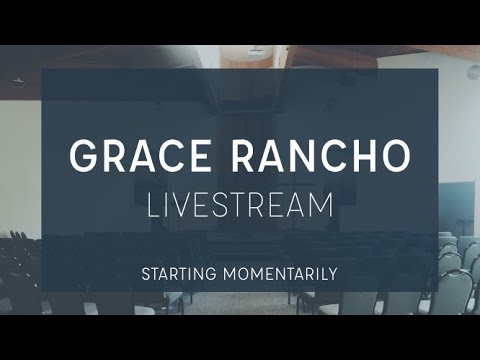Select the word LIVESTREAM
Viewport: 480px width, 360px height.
pyautogui.click(x=239, y=205)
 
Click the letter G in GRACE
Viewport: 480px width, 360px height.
pyautogui.click(x=86, y=155)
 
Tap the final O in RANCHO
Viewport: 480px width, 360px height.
pyautogui.click(x=392, y=155)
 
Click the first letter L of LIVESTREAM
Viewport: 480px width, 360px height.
pyautogui.click(x=153, y=205)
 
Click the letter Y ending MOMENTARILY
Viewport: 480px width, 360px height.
pyautogui.click(x=333, y=272)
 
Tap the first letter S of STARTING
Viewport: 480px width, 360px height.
pyautogui.click(x=146, y=272)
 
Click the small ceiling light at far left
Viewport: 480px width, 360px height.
pyautogui.click(x=18, y=84)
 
